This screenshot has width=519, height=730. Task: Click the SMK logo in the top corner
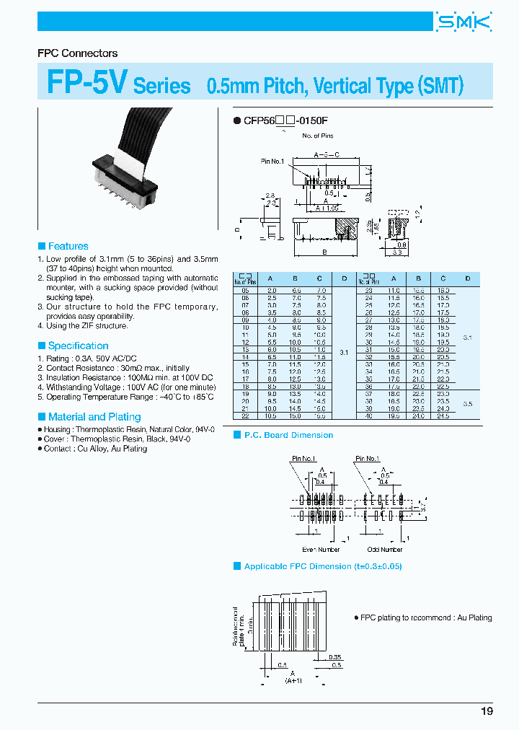pyautogui.click(x=463, y=22)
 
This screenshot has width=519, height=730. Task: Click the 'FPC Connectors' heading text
pyautogui.click(x=77, y=53)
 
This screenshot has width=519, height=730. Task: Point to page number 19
pyautogui.click(x=487, y=711)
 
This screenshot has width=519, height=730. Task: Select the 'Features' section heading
pyautogui.click(x=68, y=246)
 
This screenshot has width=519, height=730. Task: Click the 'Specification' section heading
pyautogui.click(x=78, y=346)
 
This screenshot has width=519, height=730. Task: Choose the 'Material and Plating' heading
pyautogui.click(x=94, y=417)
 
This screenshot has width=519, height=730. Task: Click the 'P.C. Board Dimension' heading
pyautogui.click(x=288, y=435)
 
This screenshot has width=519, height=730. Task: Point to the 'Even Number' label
pyautogui.click(x=320, y=550)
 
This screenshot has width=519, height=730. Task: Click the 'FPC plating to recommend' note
pyautogui.click(x=425, y=617)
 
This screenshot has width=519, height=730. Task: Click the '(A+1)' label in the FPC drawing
pyautogui.click(x=293, y=680)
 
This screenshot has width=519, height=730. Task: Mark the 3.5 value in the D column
pyautogui.click(x=467, y=404)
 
